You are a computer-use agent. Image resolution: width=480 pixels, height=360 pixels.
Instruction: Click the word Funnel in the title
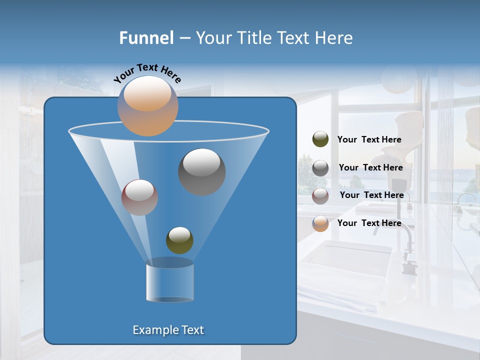tap(146, 38)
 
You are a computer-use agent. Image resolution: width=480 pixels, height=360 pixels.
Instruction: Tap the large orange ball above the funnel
tap(148, 106)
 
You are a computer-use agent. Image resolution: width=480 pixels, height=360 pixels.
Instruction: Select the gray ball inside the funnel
tap(202, 172)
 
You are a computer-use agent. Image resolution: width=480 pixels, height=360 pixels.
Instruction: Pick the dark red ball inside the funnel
tap(140, 197)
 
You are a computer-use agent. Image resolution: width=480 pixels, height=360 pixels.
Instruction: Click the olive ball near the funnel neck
tap(179, 240)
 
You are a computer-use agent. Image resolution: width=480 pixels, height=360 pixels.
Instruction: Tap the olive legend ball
tap(320, 139)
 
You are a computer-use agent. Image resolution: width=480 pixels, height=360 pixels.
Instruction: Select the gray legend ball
tap(320, 168)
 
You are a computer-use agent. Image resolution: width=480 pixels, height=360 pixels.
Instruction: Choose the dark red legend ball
tap(320, 196)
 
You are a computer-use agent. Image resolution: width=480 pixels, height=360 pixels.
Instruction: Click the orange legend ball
tap(320, 223)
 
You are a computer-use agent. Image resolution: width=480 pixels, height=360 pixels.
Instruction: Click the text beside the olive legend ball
tap(369, 140)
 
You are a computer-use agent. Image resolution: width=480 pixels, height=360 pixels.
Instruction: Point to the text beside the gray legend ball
tap(370, 168)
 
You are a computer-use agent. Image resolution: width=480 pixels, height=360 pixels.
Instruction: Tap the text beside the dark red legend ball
tap(371, 195)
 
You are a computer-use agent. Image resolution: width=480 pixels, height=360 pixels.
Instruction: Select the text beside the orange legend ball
tap(369, 223)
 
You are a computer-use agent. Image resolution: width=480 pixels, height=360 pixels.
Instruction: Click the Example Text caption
tap(168, 330)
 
